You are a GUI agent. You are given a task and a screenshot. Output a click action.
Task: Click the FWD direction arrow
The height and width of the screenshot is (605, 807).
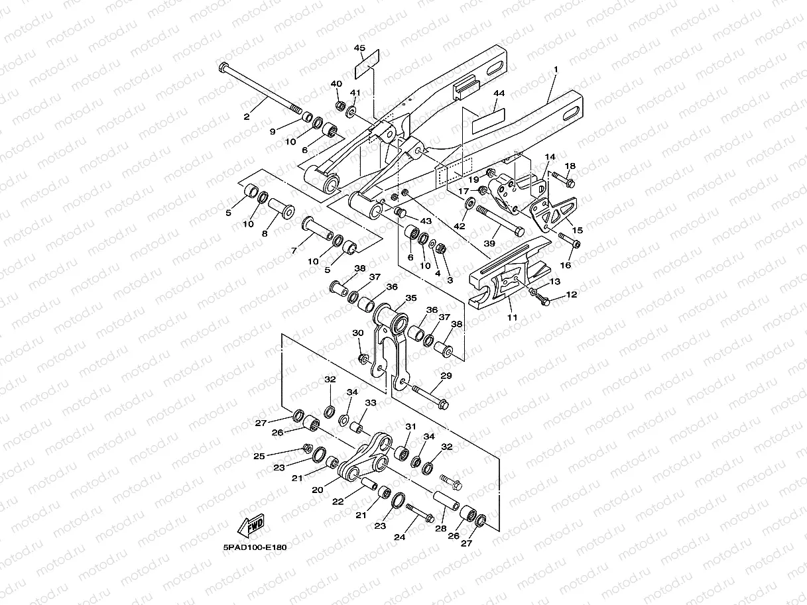(250, 527)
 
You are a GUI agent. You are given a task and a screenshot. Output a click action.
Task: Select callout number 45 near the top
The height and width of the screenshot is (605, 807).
(359, 48)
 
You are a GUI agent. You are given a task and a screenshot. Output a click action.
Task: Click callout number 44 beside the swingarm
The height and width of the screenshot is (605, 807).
(499, 95)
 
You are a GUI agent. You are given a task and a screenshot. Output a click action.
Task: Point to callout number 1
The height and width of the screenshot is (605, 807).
(556, 70)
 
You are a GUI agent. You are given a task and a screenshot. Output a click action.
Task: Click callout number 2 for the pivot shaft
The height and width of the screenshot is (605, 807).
(247, 117)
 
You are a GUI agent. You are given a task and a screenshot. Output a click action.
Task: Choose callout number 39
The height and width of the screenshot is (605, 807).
(489, 244)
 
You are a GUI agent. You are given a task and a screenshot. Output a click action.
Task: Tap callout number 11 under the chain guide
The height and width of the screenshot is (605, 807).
(511, 318)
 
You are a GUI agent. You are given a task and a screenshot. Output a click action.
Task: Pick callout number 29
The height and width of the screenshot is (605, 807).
(446, 376)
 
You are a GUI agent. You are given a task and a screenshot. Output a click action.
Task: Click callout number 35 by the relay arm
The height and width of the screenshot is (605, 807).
(410, 299)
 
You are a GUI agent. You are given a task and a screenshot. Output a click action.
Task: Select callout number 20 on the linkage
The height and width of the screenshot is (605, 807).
(318, 490)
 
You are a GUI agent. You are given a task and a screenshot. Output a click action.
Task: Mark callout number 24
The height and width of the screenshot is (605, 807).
(399, 537)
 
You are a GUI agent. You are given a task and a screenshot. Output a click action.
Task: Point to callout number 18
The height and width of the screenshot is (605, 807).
(570, 166)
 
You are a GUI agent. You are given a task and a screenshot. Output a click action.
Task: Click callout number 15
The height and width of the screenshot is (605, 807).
(578, 229)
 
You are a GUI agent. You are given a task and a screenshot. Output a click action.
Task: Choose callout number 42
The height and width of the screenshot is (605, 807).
(460, 226)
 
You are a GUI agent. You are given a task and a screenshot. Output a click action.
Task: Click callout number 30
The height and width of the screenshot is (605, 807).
(358, 333)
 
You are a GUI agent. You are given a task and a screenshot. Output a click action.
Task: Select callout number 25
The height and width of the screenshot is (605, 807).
(259, 456)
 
